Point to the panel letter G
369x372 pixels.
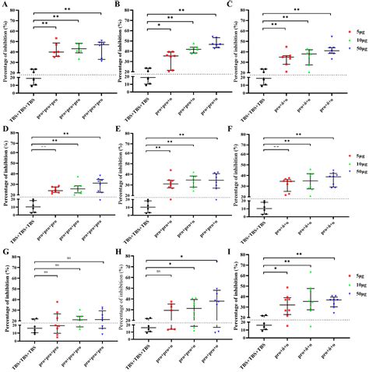5,250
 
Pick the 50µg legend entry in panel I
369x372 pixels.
353,297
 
